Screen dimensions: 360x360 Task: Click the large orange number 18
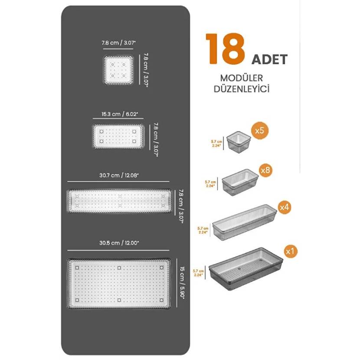click(225, 49)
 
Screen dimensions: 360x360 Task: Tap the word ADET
click(269, 60)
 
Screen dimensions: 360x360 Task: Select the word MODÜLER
click(241, 78)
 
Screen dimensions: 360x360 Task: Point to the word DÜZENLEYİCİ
click(242, 89)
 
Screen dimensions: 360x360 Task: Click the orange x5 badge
click(259, 131)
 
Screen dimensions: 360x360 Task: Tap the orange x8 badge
click(265, 170)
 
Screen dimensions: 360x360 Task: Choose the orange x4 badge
click(284, 207)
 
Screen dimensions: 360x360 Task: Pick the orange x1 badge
click(290, 251)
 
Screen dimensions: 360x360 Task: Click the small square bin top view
click(118, 70)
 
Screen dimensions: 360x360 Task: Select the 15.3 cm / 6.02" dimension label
click(120, 114)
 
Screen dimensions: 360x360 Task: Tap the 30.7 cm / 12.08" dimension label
click(119, 175)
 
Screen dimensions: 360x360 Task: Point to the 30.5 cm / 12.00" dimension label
click(119, 243)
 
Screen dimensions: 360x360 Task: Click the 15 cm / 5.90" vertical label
click(182, 283)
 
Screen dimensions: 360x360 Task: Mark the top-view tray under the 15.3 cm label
click(118, 136)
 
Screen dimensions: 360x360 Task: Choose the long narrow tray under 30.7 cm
click(119, 201)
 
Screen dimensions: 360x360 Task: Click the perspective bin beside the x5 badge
click(239, 142)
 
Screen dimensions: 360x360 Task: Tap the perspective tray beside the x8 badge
click(240, 182)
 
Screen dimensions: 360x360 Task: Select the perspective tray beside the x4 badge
click(245, 222)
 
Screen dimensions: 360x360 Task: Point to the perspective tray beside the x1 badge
click(246, 269)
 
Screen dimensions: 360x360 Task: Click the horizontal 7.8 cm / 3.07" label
click(119, 43)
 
